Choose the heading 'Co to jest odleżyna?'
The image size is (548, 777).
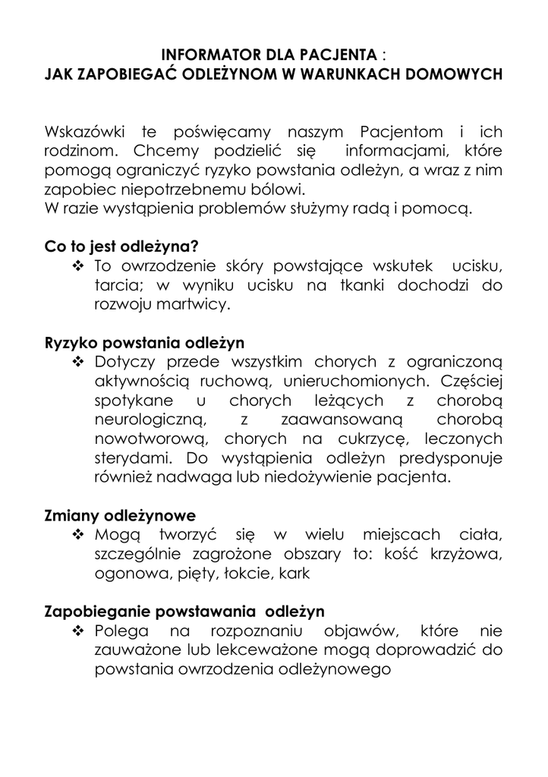click(x=121, y=247)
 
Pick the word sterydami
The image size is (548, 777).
click(x=133, y=458)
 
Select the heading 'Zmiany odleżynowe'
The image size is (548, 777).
click(x=120, y=516)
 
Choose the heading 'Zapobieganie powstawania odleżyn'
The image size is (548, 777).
click(x=184, y=612)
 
